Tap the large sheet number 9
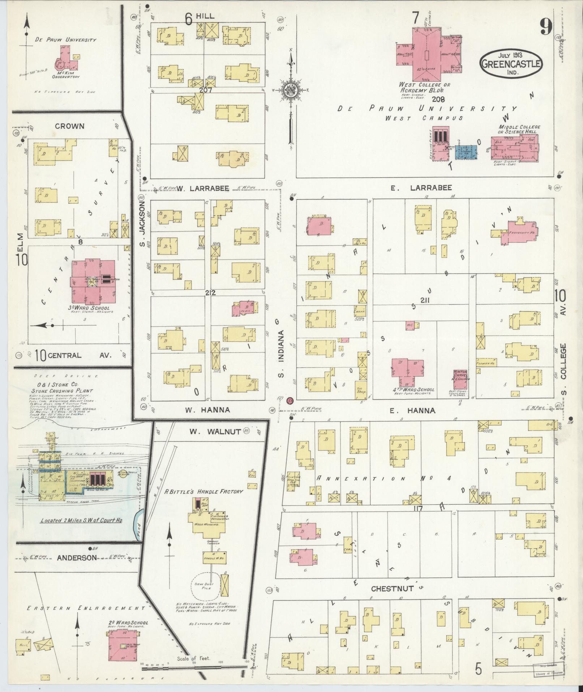point(546,26)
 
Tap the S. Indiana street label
point(282,353)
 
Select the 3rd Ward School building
point(93,282)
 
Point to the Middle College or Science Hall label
point(519,129)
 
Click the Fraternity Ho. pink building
point(518,233)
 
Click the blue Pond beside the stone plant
point(138,524)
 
